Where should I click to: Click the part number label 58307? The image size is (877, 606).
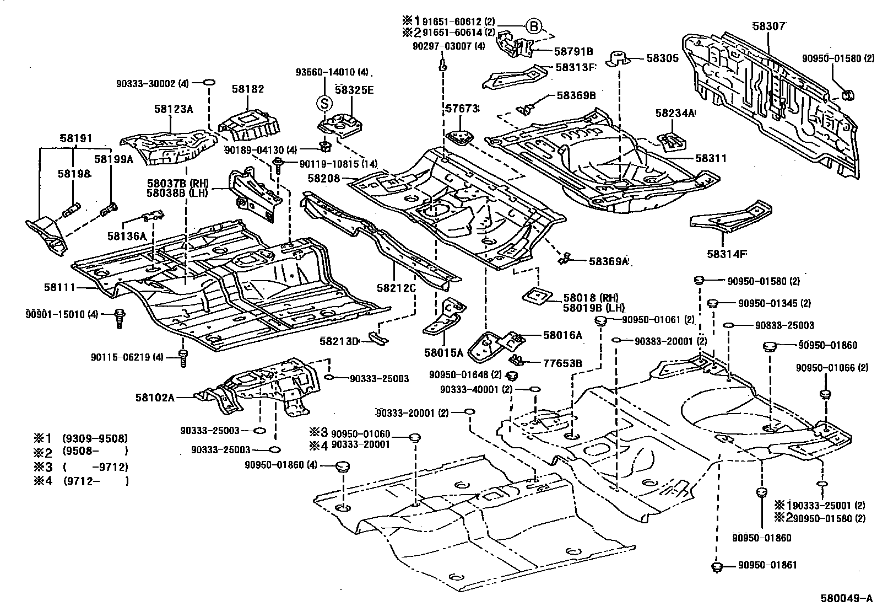pos(768,25)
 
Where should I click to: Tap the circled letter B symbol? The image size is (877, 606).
pos(533,25)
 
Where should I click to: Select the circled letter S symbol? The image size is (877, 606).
pos(324,103)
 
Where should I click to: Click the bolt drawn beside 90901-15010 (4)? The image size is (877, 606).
pos(118,318)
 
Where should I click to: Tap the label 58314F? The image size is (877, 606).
pos(726,254)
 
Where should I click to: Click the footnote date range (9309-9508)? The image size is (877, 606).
pos(95,438)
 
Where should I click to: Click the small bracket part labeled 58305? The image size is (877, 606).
pos(618,57)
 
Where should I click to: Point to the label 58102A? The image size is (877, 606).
pos(155,397)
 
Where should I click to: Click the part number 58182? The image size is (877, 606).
pos(247,88)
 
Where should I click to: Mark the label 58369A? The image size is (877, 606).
pos(608,261)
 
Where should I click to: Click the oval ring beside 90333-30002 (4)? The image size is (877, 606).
pos(209,83)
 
